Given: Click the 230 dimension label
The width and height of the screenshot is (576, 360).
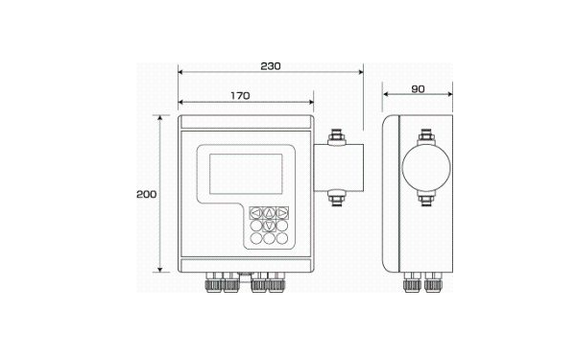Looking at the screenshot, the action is click(x=271, y=66).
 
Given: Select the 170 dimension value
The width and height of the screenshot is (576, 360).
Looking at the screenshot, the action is click(x=240, y=96).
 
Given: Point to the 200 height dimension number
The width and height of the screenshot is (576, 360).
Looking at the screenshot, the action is click(x=147, y=194).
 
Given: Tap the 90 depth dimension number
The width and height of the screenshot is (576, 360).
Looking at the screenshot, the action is click(x=418, y=89).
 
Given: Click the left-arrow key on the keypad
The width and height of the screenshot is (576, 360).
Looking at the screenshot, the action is click(x=256, y=213).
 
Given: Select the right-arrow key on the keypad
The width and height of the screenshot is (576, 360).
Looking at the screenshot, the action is click(x=281, y=213).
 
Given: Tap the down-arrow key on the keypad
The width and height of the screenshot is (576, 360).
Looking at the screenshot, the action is click(x=269, y=226).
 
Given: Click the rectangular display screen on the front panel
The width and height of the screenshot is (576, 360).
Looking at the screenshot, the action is click(x=246, y=174).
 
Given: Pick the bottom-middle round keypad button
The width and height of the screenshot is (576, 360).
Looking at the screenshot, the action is click(x=269, y=238).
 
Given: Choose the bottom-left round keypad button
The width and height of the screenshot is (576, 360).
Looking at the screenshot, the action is click(x=256, y=238).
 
